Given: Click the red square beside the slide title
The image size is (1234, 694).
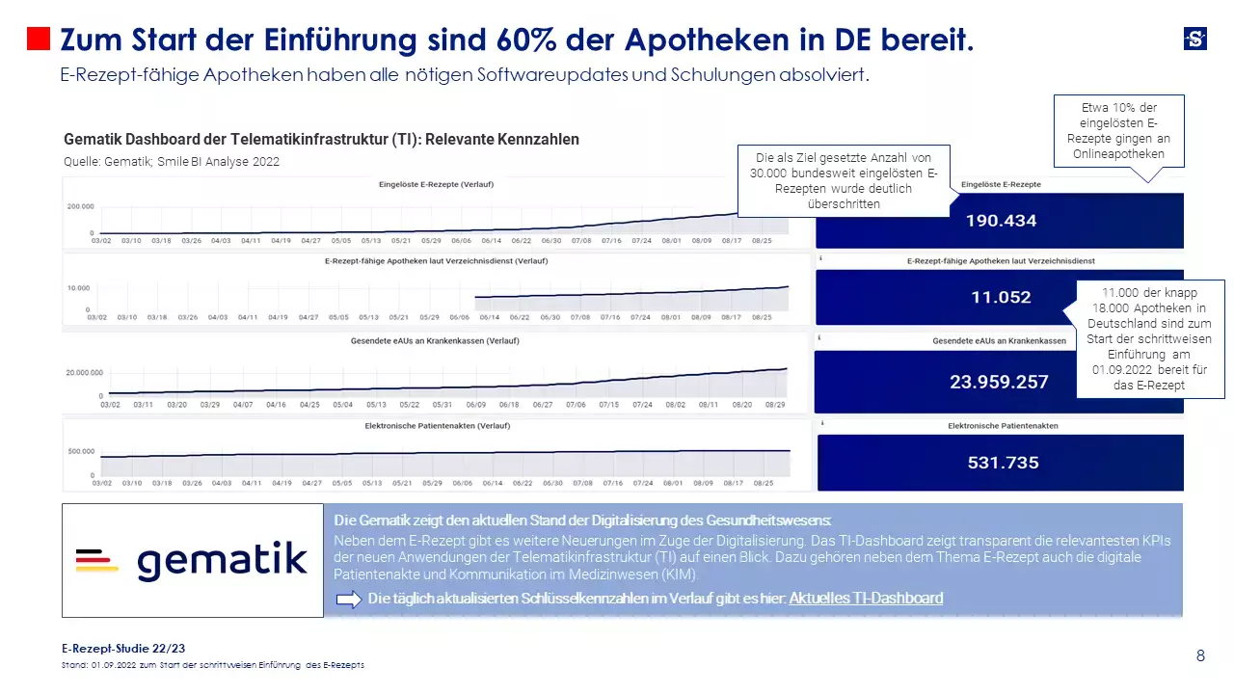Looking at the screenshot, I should click(38, 39).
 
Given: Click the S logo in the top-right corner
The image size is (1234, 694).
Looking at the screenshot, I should click(1194, 39).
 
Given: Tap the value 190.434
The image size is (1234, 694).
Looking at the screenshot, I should click(1001, 221).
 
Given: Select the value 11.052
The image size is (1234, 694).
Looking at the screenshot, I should click(1001, 297).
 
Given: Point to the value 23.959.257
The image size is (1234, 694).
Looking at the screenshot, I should click(999, 382).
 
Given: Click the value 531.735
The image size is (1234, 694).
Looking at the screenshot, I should click(1003, 463).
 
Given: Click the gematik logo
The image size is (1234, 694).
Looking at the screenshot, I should click(193, 561).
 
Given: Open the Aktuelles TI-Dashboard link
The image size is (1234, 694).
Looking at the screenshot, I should click(866, 599).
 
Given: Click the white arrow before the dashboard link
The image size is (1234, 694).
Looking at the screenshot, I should click(348, 600).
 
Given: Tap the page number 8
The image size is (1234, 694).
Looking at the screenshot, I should click(1200, 656).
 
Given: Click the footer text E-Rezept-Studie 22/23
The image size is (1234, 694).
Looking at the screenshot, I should click(122, 649).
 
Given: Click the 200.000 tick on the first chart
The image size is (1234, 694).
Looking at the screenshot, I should click(80, 206).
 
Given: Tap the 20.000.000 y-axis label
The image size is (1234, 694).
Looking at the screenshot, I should click(84, 372).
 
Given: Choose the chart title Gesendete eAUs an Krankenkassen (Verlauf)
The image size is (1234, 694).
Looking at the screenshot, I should click(437, 340).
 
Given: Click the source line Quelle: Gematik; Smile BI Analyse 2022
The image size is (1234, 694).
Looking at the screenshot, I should click(172, 162).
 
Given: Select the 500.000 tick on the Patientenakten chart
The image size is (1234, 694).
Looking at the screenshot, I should click(81, 451).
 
